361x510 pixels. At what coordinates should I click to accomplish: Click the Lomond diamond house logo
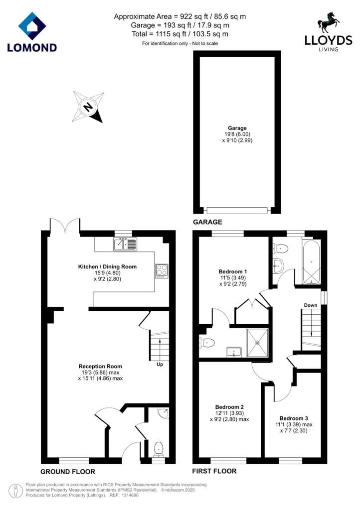32,26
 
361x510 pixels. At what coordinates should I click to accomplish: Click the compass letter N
87,107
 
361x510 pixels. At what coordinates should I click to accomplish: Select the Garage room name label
237,128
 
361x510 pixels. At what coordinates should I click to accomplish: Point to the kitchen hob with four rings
162,270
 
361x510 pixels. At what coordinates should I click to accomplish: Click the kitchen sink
125,244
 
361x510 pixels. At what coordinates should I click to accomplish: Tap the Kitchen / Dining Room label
107,267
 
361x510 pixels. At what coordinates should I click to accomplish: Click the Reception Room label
100,366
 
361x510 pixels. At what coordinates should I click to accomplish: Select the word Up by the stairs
160,365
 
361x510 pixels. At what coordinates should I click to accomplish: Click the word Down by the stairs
311,305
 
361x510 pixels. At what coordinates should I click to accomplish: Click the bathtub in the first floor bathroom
312,263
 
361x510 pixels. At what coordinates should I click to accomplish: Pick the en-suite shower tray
257,342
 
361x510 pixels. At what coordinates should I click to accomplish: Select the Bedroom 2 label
229,407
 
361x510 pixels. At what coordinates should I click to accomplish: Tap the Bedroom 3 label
294,418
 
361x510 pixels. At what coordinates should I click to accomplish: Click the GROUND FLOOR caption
68,472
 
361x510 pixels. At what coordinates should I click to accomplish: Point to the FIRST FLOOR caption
214,471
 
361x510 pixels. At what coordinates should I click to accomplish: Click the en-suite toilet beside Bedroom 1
207,343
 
